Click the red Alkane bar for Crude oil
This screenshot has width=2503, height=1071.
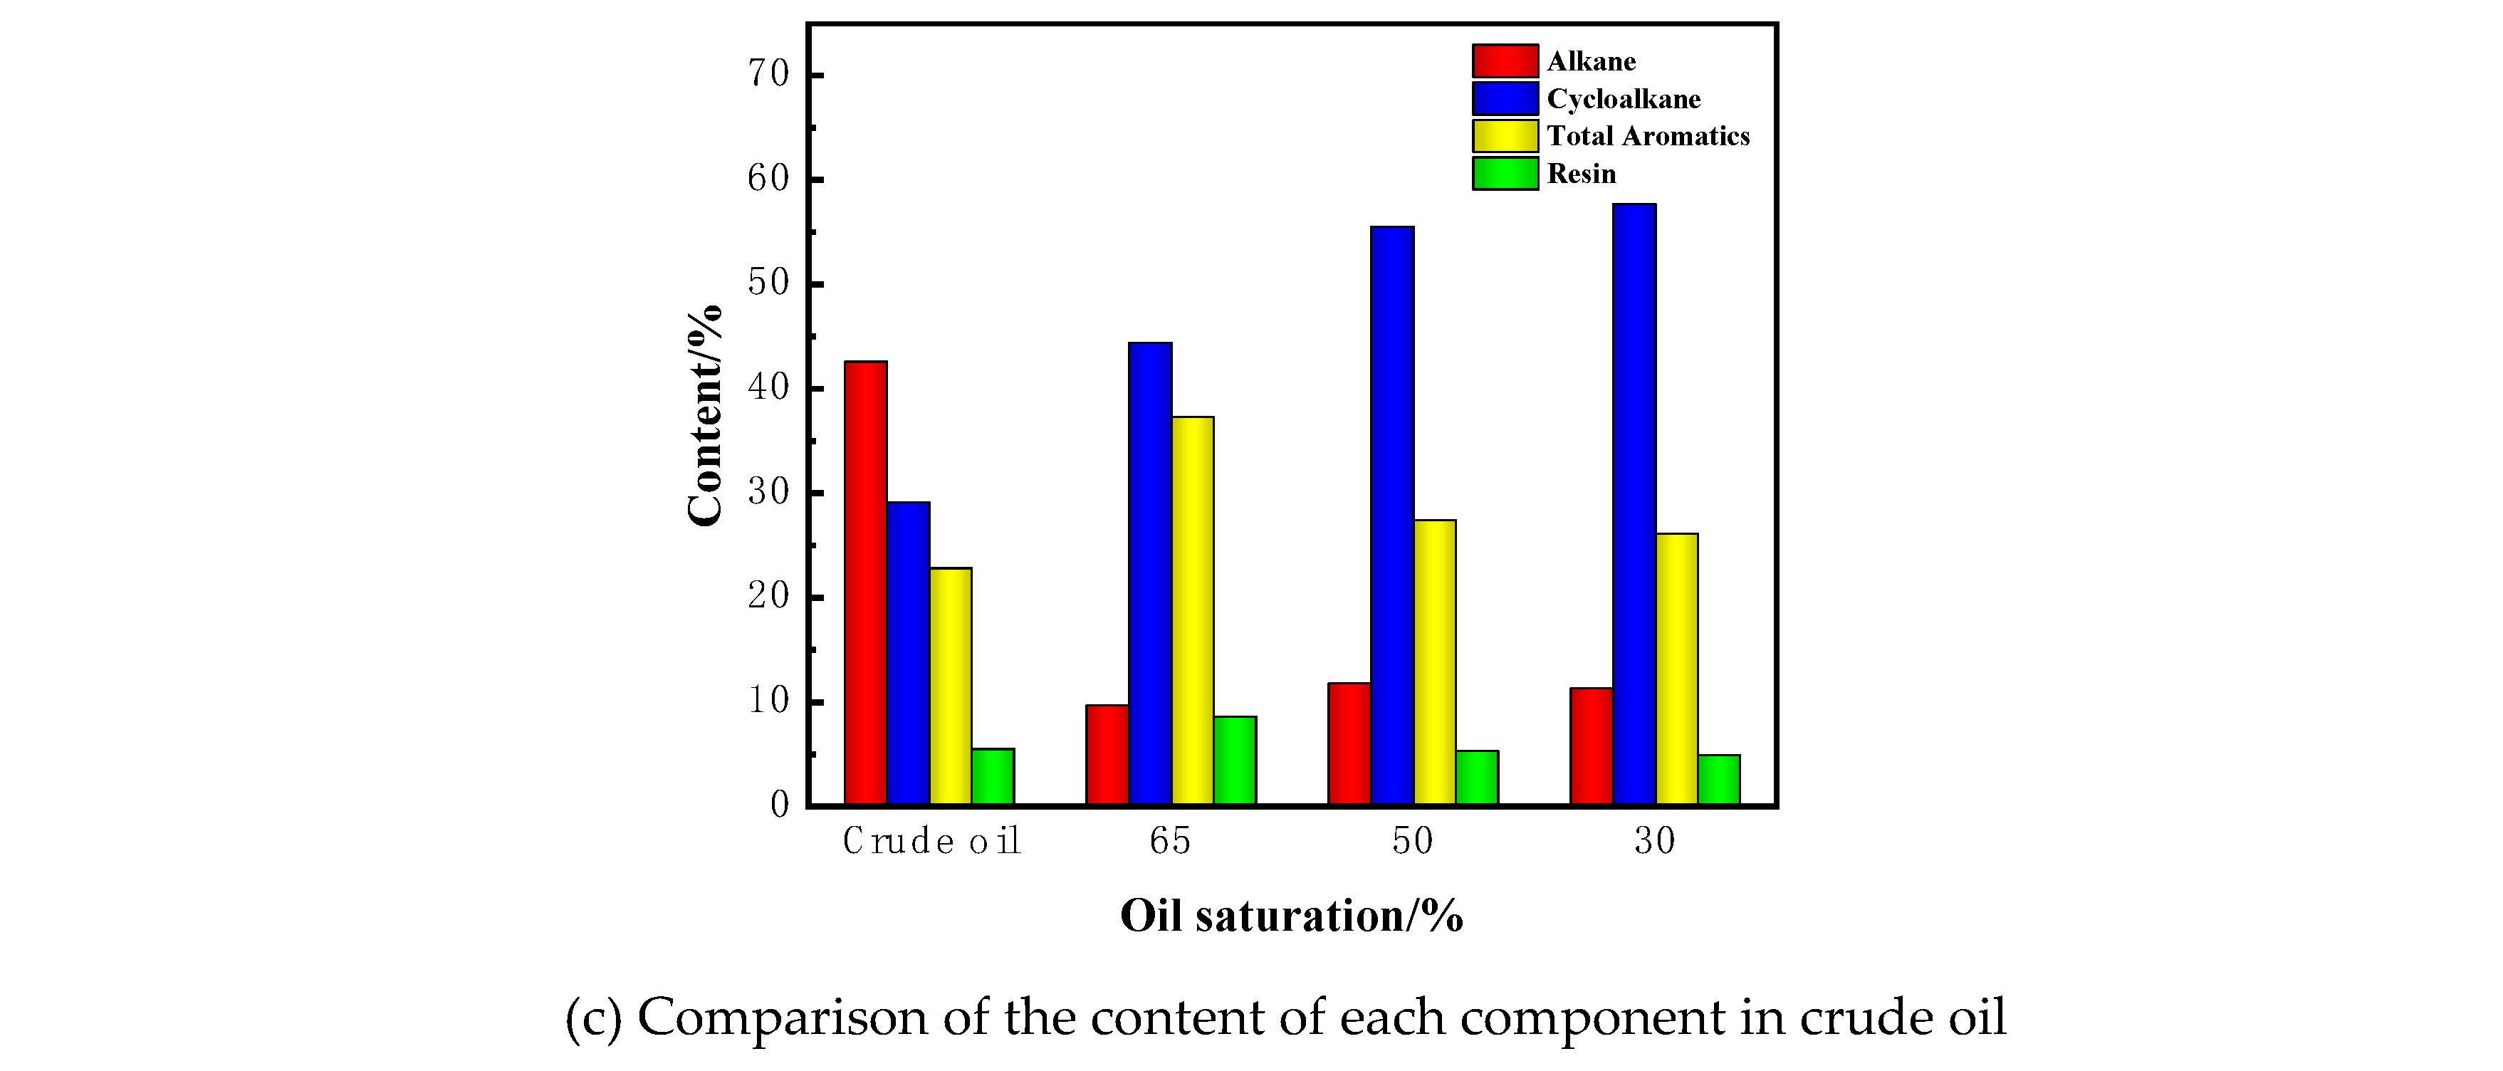(x=864, y=583)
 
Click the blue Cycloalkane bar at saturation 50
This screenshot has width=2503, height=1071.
(x=1391, y=515)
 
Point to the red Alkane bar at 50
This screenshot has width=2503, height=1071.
(x=1349, y=743)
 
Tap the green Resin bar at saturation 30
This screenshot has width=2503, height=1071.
(x=1719, y=780)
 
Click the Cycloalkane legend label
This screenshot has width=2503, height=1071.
(x=1623, y=99)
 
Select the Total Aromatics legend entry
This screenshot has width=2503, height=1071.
(x=1647, y=136)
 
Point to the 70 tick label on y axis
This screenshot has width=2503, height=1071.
(x=768, y=74)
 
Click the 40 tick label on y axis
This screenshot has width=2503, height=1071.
(x=768, y=388)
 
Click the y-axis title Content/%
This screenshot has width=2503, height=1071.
(x=704, y=416)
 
